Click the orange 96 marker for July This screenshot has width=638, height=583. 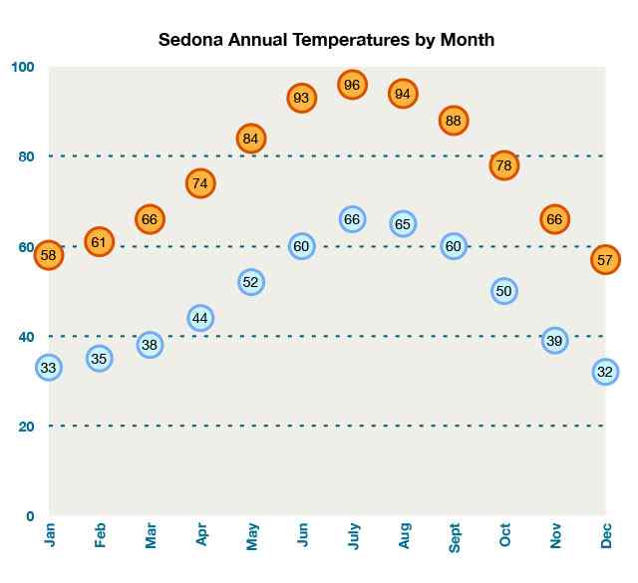pos(351,85)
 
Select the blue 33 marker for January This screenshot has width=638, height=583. pos(48,367)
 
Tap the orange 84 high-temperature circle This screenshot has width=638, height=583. pos(251,139)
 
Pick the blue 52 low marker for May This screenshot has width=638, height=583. pos(251,282)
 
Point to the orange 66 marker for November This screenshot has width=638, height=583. pos(554,219)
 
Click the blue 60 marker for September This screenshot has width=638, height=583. pos(454,246)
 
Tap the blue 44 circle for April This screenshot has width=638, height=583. pos(200,318)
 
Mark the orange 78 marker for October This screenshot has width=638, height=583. pos(503,165)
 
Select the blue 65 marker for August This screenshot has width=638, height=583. pos(403,223)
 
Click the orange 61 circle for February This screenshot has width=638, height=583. pos(99,241)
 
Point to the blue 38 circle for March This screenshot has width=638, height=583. pos(150,345)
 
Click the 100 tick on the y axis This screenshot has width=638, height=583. pos(23,67)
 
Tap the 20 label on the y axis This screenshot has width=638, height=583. pos(26,427)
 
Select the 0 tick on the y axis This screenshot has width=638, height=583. pos(30,516)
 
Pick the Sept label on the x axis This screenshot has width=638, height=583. pos(456,537)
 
